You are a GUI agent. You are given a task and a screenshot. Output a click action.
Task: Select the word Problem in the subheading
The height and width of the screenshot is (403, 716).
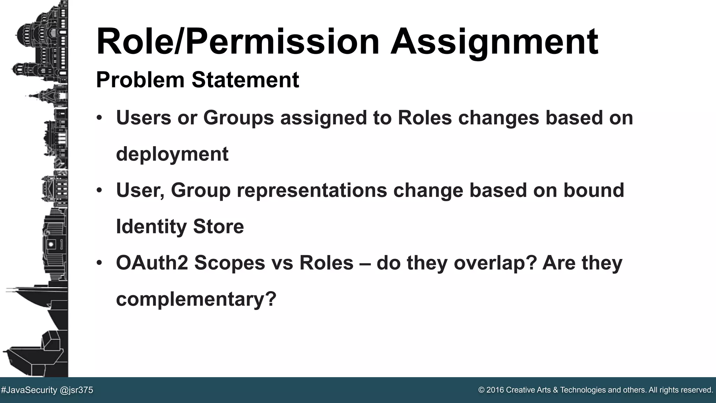coord(140,80)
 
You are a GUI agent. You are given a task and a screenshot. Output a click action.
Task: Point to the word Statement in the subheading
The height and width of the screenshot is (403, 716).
coord(245,80)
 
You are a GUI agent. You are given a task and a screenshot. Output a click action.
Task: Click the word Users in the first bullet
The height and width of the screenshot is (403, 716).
coord(144,118)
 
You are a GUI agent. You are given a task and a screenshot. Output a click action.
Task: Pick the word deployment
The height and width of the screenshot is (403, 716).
coord(172,154)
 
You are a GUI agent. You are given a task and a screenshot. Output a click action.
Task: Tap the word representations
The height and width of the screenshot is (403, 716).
coord(312,190)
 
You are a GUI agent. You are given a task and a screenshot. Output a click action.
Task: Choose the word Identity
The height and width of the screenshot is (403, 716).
coord(151,226)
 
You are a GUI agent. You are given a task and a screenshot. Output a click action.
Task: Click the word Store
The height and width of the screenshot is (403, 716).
coord(218,226)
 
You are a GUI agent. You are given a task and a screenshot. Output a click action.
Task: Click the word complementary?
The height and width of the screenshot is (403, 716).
coord(196,299)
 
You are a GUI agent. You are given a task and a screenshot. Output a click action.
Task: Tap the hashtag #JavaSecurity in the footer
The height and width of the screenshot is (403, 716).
coord(29,390)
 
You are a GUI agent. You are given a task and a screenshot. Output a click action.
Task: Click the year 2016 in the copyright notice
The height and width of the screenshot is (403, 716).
coord(495,390)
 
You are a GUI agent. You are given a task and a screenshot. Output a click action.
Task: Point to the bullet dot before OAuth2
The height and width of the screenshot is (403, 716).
coord(100,262)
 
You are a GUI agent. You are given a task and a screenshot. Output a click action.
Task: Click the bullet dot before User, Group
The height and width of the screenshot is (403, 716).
coord(100,190)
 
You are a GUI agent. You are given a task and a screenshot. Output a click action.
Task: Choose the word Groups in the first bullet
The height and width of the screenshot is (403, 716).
coord(238,118)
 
